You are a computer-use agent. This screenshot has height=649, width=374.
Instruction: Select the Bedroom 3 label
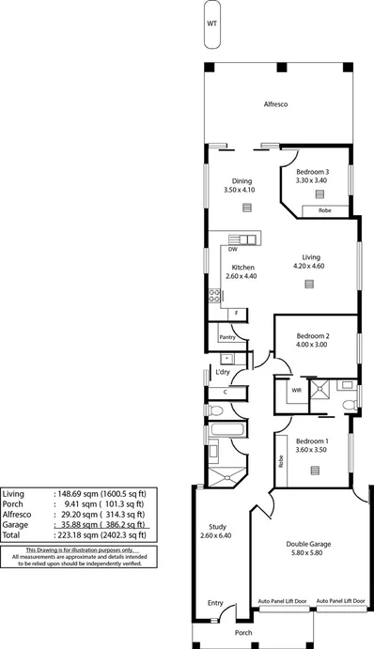312,172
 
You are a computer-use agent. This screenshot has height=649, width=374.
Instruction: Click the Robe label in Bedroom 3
324,210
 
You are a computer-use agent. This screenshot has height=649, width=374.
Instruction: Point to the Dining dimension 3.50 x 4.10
241,190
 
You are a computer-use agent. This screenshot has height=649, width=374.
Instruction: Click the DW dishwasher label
231,250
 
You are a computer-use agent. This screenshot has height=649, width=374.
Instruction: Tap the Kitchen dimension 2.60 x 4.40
242,277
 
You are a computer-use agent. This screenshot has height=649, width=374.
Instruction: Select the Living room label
311,255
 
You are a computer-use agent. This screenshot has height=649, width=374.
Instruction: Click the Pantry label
226,336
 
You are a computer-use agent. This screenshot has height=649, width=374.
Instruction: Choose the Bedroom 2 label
313,335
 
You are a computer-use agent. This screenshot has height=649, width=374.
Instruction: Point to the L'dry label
223,372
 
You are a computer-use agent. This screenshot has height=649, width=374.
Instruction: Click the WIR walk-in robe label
296,390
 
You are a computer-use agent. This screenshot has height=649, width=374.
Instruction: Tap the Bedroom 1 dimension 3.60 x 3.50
313,451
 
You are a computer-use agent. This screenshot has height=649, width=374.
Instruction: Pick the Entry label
215,604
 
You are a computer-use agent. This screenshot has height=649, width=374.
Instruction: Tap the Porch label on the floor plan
244,634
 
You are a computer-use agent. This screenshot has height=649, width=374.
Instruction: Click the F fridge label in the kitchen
237,313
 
